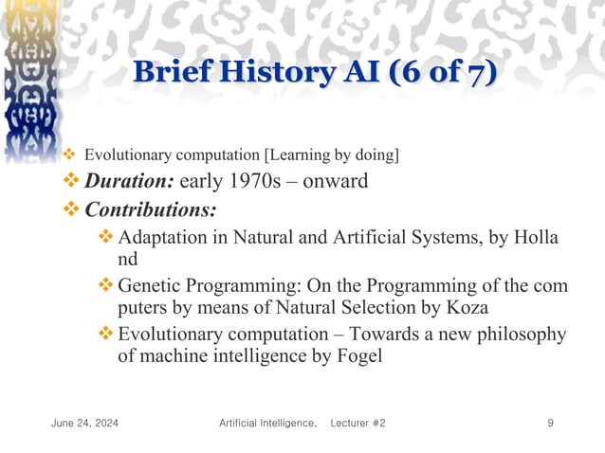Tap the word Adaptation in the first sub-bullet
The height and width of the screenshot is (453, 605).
pos(163,237)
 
